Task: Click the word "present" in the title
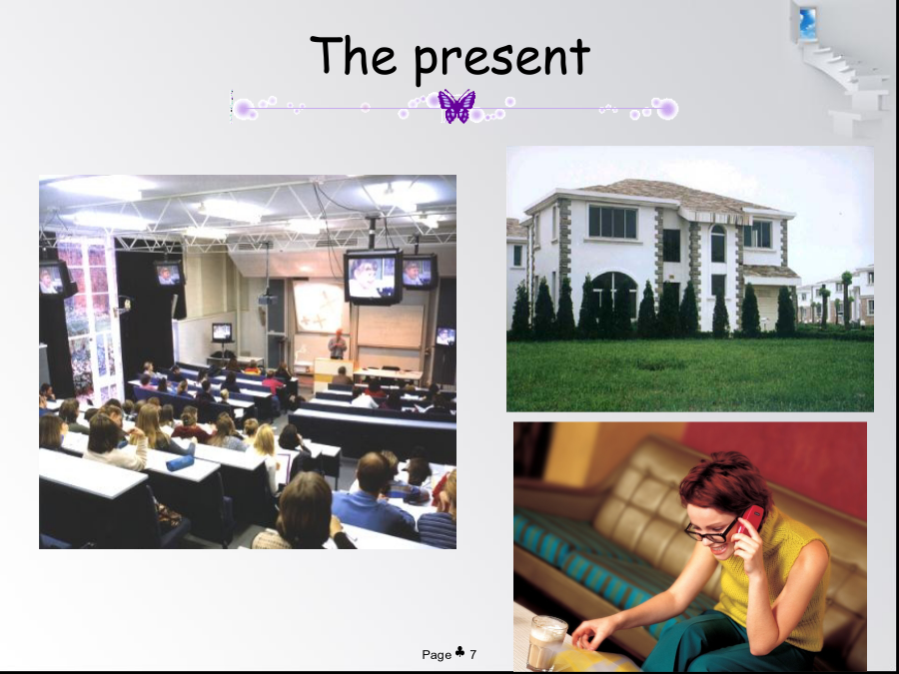click(502, 60)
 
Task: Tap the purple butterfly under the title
click(456, 106)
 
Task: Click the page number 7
click(473, 654)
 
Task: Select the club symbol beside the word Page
click(459, 652)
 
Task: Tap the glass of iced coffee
click(545, 642)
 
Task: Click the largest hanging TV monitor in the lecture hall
click(374, 277)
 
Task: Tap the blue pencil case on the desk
click(180, 462)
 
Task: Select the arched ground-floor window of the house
click(614, 296)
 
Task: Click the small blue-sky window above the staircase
click(807, 23)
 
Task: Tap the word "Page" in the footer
click(437, 654)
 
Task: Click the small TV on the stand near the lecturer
click(222, 333)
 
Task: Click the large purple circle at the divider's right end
click(667, 109)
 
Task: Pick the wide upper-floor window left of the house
click(613, 222)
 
